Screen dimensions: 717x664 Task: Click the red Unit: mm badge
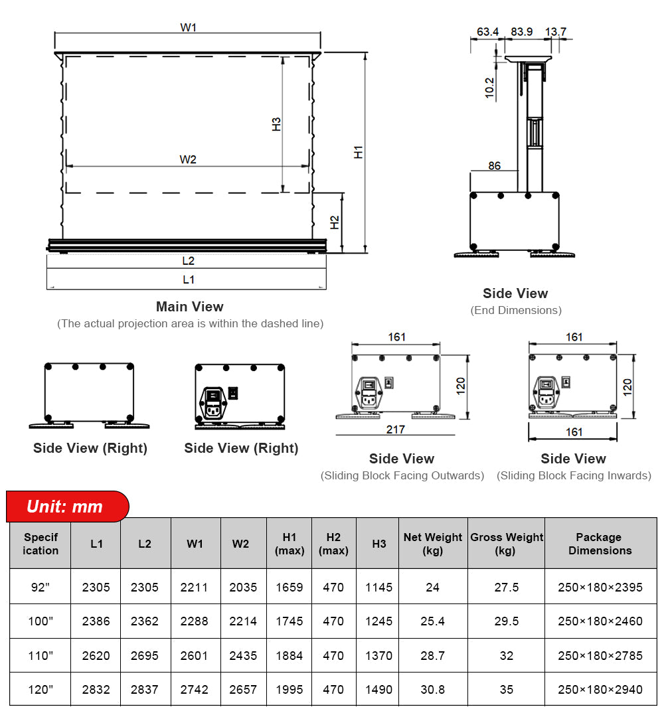pyautogui.click(x=65, y=507)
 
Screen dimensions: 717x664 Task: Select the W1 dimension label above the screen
pyautogui.click(x=189, y=28)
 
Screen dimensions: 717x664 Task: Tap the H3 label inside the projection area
pyautogui.click(x=277, y=124)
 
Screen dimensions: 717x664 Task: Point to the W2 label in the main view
pyautogui.click(x=188, y=159)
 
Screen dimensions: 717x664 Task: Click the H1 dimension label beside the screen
pyautogui.click(x=359, y=151)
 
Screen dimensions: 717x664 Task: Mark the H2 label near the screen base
pyautogui.click(x=335, y=223)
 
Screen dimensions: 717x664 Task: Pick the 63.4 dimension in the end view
pyautogui.click(x=487, y=32)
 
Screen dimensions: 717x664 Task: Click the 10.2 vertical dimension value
pyautogui.click(x=490, y=88)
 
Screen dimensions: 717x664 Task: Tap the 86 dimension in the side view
pyautogui.click(x=495, y=165)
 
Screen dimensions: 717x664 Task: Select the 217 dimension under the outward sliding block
pyautogui.click(x=395, y=430)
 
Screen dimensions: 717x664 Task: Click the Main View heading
pyautogui.click(x=189, y=307)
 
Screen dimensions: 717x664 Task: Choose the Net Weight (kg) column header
pyautogui.click(x=433, y=544)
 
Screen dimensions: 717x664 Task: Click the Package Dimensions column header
pyautogui.click(x=600, y=544)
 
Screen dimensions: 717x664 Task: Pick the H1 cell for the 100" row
pyautogui.click(x=290, y=621)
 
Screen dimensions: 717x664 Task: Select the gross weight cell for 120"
pyautogui.click(x=507, y=690)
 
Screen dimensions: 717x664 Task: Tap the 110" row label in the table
pyautogui.click(x=41, y=656)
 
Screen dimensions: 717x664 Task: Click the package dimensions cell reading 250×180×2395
pyautogui.click(x=600, y=588)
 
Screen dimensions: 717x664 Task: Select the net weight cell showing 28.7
pyautogui.click(x=433, y=656)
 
